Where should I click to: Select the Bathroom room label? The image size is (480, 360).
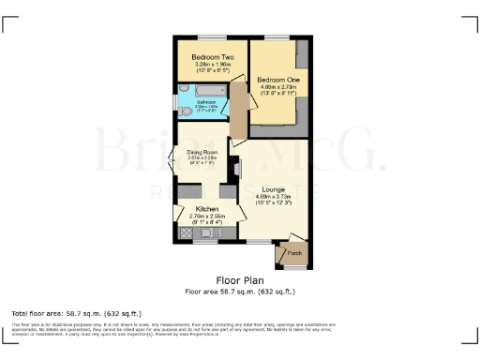[206, 101]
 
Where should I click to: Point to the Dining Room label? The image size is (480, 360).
[202, 151]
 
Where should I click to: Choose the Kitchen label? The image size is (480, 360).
[207, 208]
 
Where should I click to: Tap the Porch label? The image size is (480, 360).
[292, 253]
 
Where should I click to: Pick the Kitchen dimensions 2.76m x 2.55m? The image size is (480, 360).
[207, 216]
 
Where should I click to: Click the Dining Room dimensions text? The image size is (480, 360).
[202, 157]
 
